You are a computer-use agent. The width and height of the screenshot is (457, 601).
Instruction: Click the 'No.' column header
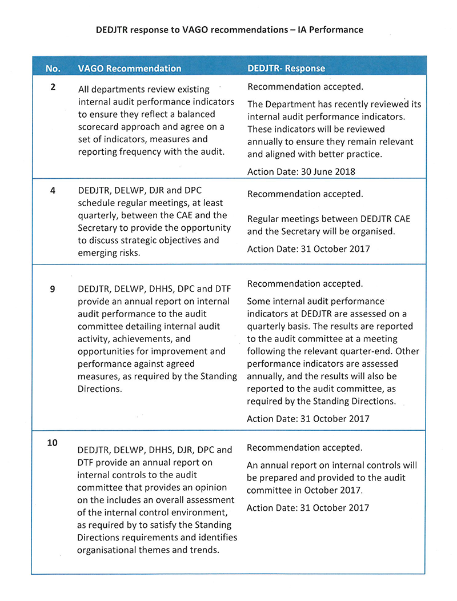pos(53,69)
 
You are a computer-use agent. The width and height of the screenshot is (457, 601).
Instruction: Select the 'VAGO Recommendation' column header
pos(130,69)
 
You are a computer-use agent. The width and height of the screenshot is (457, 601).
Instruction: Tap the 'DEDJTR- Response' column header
pos(286,69)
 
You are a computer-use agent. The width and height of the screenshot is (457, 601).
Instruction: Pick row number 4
pos(53,191)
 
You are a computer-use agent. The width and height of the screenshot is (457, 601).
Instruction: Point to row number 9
pos(53,289)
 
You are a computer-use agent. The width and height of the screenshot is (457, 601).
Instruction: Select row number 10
pos(53,442)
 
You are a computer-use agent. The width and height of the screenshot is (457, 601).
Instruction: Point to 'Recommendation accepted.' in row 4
pos(305,194)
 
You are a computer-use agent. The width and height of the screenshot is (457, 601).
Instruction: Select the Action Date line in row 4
pos(308,249)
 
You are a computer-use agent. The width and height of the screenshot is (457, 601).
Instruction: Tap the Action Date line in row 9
pos(308,419)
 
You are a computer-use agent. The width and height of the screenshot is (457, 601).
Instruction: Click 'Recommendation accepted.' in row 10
pos(305,448)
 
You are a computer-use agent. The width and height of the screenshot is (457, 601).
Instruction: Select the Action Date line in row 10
pos(308,508)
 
